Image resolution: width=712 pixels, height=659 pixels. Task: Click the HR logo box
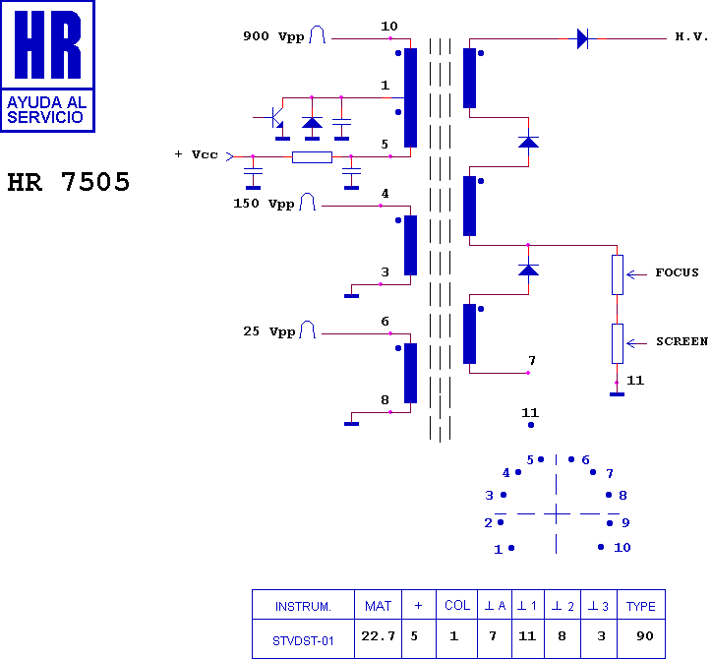click(48, 66)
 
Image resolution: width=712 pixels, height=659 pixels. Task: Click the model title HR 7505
click(69, 183)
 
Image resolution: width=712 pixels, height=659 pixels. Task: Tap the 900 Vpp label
click(273, 36)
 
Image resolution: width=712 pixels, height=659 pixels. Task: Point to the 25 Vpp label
click(268, 331)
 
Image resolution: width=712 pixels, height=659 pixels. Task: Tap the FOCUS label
click(677, 272)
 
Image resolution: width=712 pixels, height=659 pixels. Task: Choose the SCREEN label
click(682, 341)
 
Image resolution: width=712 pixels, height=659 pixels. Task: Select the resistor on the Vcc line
click(312, 156)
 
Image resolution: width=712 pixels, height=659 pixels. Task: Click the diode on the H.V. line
click(582, 39)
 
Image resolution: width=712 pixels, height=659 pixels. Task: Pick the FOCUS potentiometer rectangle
click(617, 274)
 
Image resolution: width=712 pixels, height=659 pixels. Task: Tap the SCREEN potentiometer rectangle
click(617, 343)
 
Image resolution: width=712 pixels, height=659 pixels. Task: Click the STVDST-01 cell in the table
click(303, 640)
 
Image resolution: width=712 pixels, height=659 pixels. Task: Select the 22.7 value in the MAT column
click(378, 637)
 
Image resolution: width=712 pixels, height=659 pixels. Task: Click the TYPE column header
click(640, 606)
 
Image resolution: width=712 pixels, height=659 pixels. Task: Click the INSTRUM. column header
click(303, 606)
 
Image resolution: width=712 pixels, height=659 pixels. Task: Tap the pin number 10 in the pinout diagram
click(622, 548)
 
